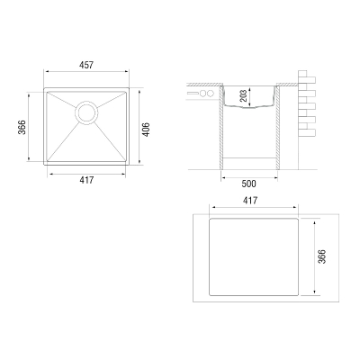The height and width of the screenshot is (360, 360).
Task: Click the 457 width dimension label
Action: [x=86, y=65]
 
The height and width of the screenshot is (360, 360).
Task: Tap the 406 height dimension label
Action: [x=146, y=130]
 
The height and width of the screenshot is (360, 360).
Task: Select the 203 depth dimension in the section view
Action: [x=244, y=95]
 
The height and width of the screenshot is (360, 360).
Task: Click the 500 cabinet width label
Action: [x=249, y=184]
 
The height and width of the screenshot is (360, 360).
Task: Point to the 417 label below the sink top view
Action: [x=86, y=180]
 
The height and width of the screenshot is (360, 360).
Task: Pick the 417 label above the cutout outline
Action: [x=250, y=200]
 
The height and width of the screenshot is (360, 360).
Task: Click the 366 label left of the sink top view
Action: [x=22, y=127]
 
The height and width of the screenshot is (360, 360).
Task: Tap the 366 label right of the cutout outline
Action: [x=321, y=256]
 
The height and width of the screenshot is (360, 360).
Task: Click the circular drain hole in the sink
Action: [x=86, y=112]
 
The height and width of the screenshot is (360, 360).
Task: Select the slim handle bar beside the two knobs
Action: [x=193, y=93]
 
